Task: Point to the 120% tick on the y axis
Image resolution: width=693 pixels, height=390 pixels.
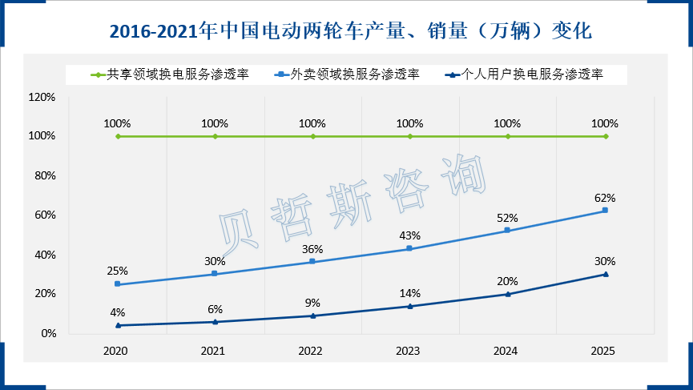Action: point(42,97)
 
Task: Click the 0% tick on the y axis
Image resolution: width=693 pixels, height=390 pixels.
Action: point(47,333)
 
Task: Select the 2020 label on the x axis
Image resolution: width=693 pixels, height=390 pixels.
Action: point(117,351)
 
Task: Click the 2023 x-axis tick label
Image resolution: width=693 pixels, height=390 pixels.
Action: point(409,351)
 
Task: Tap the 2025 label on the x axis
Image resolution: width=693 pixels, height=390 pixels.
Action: point(605,351)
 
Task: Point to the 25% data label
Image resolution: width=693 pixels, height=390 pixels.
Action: point(117,271)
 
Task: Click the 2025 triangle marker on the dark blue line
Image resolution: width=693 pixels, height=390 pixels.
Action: point(606,274)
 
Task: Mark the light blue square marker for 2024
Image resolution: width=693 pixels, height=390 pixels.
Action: point(508,231)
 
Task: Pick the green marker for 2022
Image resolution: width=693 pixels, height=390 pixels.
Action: point(312,136)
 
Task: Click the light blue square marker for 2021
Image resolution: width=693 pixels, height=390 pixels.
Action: point(215,274)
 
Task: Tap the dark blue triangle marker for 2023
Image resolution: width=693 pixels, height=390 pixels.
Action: point(410,306)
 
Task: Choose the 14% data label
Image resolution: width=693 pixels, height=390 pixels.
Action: point(409,293)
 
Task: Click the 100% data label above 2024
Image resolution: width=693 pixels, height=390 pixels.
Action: point(507,124)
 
